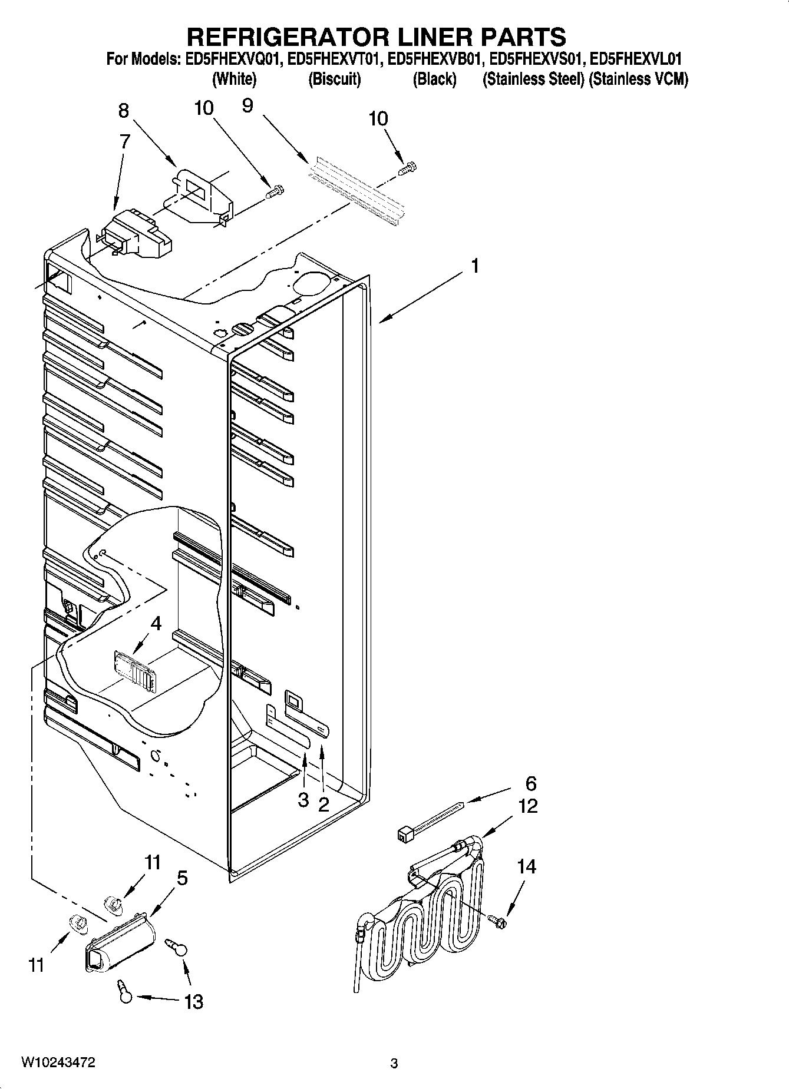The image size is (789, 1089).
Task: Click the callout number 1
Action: (x=474, y=266)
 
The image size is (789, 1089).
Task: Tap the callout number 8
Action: (x=123, y=111)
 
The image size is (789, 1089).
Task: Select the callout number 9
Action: (x=247, y=106)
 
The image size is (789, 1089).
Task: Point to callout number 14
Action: (x=526, y=866)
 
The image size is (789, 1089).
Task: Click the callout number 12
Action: (x=528, y=806)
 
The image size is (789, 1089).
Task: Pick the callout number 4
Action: (x=156, y=623)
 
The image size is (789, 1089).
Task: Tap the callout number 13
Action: (x=193, y=1001)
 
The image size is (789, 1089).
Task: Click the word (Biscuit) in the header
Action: (x=334, y=79)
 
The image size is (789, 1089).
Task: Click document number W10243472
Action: (x=58, y=1062)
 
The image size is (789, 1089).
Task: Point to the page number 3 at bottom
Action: (x=394, y=1064)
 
